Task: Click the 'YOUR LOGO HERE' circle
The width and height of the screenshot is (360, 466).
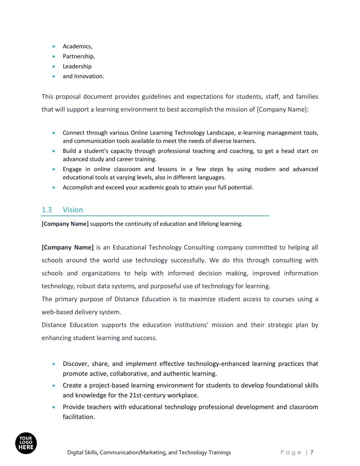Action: click(26, 442)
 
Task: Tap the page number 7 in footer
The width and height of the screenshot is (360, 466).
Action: click(313, 452)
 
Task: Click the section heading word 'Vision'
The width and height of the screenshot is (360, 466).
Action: click(73, 210)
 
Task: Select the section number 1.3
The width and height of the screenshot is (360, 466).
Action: click(47, 210)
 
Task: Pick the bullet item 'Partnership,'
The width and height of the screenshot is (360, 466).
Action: click(79, 56)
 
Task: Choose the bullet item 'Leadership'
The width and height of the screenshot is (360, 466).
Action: click(77, 66)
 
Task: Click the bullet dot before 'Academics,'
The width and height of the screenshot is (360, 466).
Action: click(54, 46)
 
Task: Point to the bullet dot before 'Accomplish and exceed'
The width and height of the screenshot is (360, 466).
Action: click(54, 187)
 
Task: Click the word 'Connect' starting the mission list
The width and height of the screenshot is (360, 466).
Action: click(73, 133)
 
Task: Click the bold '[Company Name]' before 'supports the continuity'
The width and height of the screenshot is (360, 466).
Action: click(65, 223)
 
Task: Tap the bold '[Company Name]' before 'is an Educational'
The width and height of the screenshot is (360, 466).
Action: click(67, 248)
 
